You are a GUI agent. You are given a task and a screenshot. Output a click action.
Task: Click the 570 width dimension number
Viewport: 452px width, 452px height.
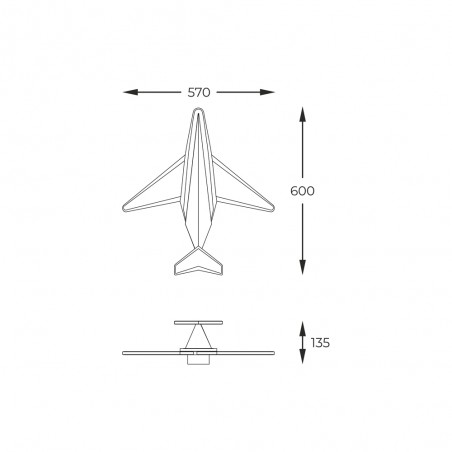pyautogui.click(x=199, y=92)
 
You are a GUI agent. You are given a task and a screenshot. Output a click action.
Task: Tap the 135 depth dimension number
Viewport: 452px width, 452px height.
pyautogui.click(x=319, y=342)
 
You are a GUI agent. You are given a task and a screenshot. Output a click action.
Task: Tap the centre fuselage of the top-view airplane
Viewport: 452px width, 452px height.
pyautogui.click(x=199, y=180)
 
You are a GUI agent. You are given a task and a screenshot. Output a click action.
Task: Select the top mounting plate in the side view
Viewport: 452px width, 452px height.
pyautogui.click(x=199, y=324)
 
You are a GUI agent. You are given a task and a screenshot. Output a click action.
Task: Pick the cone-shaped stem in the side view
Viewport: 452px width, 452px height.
pyautogui.click(x=199, y=337)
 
